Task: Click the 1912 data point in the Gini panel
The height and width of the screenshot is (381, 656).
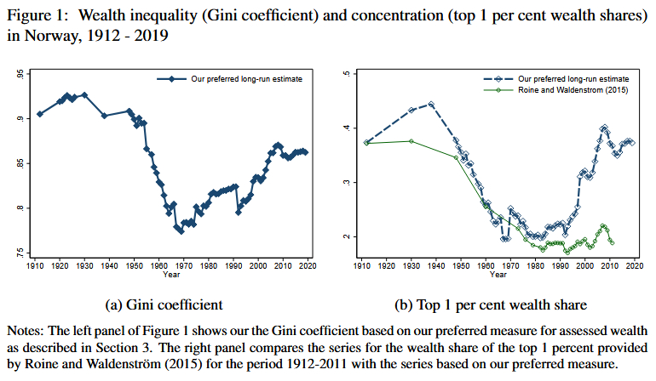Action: [x=39, y=113]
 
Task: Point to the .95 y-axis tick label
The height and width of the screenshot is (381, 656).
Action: [x=20, y=75]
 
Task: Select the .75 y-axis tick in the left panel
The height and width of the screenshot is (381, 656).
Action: [x=20, y=253]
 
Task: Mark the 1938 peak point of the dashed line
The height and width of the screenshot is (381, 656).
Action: [x=431, y=105]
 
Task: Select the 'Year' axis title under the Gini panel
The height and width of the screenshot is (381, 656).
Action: [x=171, y=274]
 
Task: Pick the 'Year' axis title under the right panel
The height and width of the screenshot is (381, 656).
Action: [x=498, y=274]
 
